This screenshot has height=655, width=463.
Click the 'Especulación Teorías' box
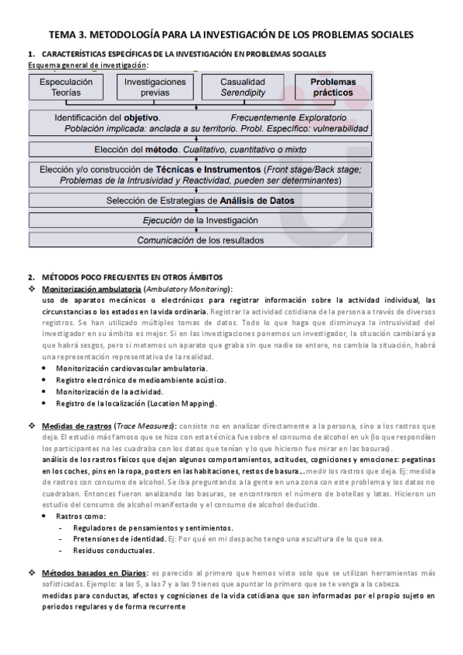(x=66, y=87)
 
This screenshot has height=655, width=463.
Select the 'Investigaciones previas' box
(x=155, y=87)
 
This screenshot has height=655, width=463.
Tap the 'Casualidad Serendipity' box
(x=242, y=87)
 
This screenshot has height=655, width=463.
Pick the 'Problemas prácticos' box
(x=332, y=87)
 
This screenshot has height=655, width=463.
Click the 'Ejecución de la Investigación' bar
(x=199, y=220)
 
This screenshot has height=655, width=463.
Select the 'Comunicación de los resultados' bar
(x=199, y=240)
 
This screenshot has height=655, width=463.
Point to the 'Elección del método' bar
(x=199, y=149)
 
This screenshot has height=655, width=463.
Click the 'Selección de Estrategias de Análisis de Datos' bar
(x=199, y=201)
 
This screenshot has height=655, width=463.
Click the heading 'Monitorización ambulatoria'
(x=87, y=288)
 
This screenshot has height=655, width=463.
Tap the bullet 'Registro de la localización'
(x=136, y=403)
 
